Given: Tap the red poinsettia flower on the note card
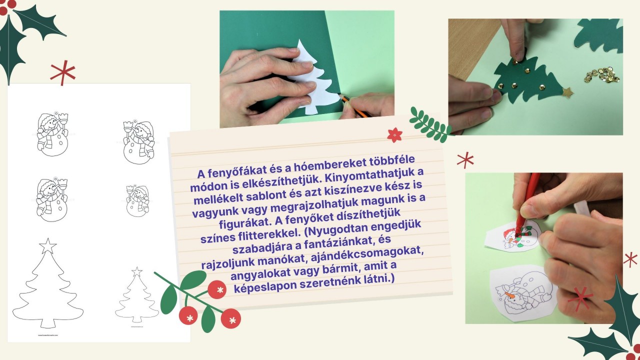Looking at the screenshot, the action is click(394, 135).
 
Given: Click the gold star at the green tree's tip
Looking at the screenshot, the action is click(567, 93).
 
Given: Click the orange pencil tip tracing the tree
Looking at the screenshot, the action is click(341, 96).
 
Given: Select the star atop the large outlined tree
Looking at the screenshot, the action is click(47, 246).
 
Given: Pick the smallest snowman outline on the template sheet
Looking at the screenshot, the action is click(137, 200).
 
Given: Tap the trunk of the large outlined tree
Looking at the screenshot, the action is click(47, 323).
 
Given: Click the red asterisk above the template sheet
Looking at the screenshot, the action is click(63, 72).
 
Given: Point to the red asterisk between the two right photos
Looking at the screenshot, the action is click(465, 160).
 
